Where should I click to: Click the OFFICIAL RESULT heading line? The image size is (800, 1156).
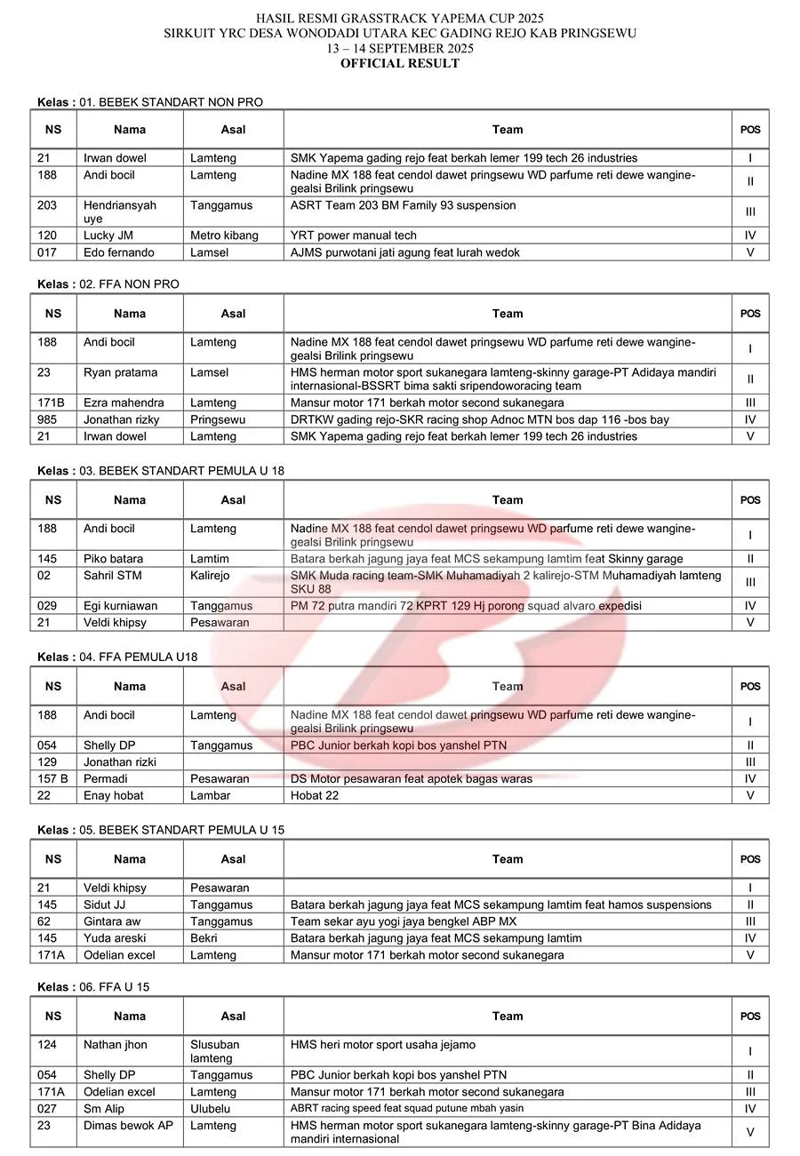click(x=399, y=63)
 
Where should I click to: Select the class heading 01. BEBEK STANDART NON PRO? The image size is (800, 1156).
click(x=150, y=102)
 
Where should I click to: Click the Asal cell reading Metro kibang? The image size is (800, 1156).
click(x=224, y=235)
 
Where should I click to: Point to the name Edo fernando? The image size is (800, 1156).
click(x=119, y=252)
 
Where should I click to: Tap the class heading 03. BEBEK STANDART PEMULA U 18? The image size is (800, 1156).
click(x=161, y=470)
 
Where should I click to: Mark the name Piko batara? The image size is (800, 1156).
click(x=113, y=559)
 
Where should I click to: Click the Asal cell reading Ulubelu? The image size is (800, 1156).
click(x=212, y=1109)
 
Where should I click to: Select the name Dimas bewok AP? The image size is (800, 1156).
click(x=129, y=1126)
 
